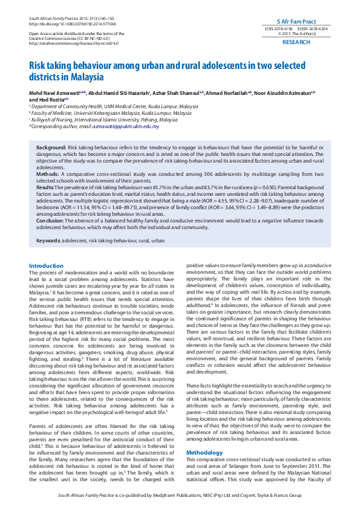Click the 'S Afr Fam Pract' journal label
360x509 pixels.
point(296,21)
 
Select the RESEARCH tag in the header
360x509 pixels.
point(296,42)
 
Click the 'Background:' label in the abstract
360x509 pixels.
point(51,148)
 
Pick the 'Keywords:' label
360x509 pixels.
point(51,241)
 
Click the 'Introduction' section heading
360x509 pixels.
point(46,265)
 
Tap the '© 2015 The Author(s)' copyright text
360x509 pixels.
point(296,34)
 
